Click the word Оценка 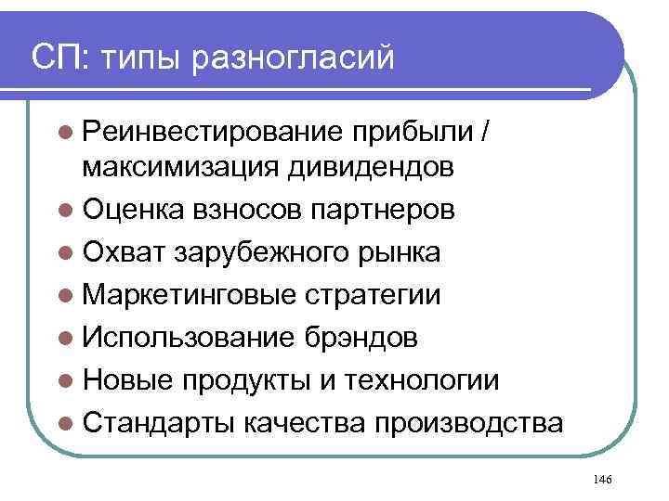coord(134,211)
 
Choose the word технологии coord(421,380)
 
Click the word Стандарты coord(159,423)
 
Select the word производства coord(468,423)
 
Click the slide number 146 coord(600,478)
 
